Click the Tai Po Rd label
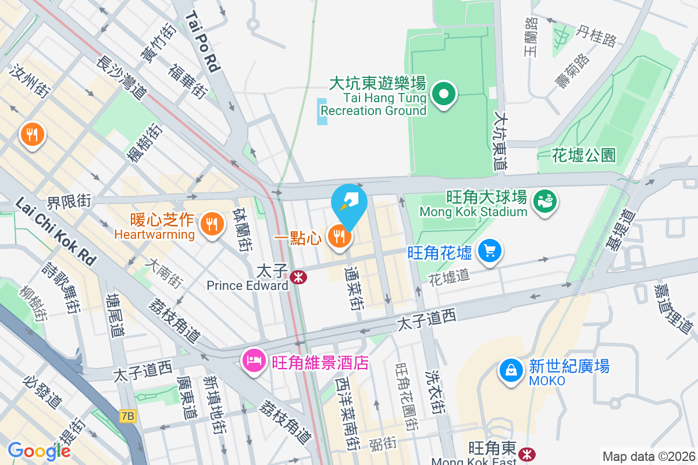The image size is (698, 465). (203, 42)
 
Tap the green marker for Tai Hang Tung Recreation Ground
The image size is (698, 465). (444, 94)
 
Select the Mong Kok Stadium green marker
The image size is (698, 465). (545, 201)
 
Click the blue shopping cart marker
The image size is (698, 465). (490, 251)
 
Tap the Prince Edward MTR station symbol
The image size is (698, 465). (299, 277)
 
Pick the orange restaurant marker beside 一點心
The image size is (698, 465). (339, 236)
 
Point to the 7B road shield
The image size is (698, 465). (127, 416)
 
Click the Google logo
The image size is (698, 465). (39, 450)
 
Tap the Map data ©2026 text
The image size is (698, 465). (648, 456)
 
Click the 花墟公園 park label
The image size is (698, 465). (583, 155)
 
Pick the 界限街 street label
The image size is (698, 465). (69, 202)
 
